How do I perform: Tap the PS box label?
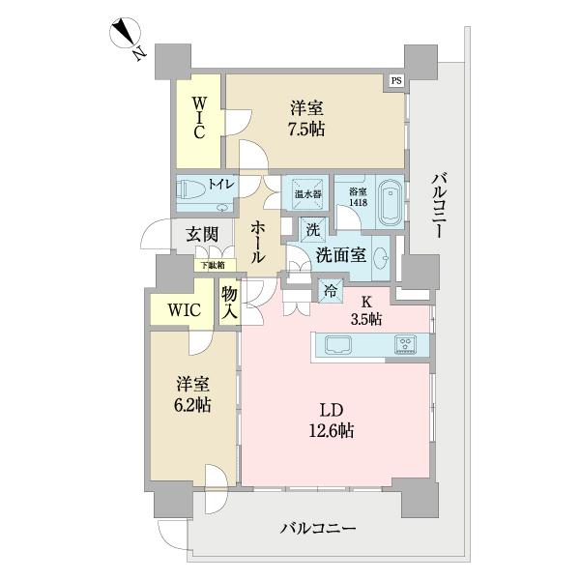396,81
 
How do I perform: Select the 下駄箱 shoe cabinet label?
213,265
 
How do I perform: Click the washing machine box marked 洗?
312,231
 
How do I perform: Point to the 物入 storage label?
230,304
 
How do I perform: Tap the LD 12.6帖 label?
331,418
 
